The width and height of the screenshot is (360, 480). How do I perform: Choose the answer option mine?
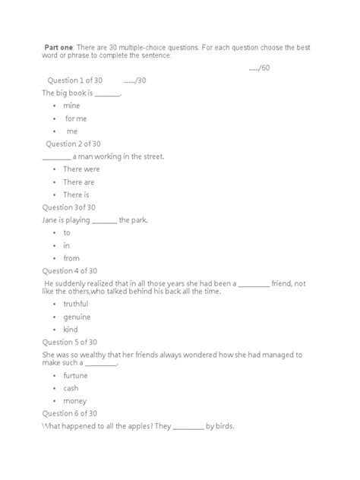[x=71, y=106]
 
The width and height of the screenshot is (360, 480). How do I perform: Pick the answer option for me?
[x=76, y=118]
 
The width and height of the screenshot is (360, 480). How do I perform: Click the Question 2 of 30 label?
[x=74, y=144]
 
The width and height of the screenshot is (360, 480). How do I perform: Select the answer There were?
[x=81, y=169]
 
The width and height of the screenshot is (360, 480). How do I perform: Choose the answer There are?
[x=78, y=182]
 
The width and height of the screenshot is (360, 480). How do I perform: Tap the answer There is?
[x=76, y=195]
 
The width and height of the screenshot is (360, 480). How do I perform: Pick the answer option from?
[x=71, y=259]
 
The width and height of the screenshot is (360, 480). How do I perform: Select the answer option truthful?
[x=76, y=303]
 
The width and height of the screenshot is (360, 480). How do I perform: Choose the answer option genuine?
[x=77, y=316]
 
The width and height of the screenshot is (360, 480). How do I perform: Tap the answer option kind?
[x=71, y=329]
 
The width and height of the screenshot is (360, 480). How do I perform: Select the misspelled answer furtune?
[x=75, y=375]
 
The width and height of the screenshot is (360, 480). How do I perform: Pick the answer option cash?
[x=71, y=387]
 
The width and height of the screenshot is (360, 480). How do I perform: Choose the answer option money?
[x=74, y=400]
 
